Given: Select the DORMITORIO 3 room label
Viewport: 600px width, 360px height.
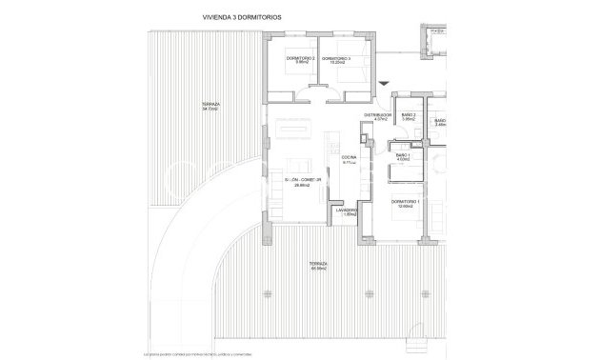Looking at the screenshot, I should click(336, 59).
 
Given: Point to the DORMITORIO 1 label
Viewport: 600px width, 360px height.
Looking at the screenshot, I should click(405, 201).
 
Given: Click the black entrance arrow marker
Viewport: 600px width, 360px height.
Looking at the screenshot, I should click(383, 85).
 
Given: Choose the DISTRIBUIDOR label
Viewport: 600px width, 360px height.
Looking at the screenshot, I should click(379, 115).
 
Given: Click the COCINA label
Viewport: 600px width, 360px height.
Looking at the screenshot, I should click(349, 158).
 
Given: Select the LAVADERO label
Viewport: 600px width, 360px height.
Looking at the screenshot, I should click(347, 210).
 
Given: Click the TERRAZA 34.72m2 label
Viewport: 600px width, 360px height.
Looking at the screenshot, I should click(211, 104).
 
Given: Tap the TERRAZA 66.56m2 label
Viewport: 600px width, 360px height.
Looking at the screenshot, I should click(319, 264).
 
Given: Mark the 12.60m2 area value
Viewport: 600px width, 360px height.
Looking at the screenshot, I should click(405, 207).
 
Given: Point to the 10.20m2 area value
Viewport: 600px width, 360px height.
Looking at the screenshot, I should click(336, 64).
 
